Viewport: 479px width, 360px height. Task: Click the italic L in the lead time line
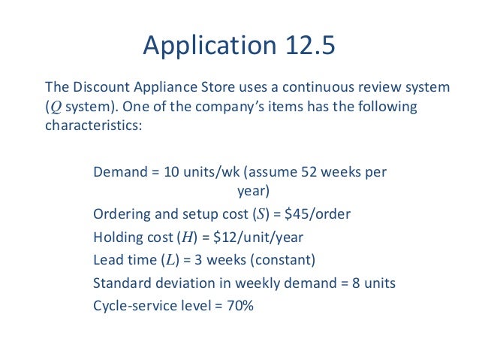(167, 260)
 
